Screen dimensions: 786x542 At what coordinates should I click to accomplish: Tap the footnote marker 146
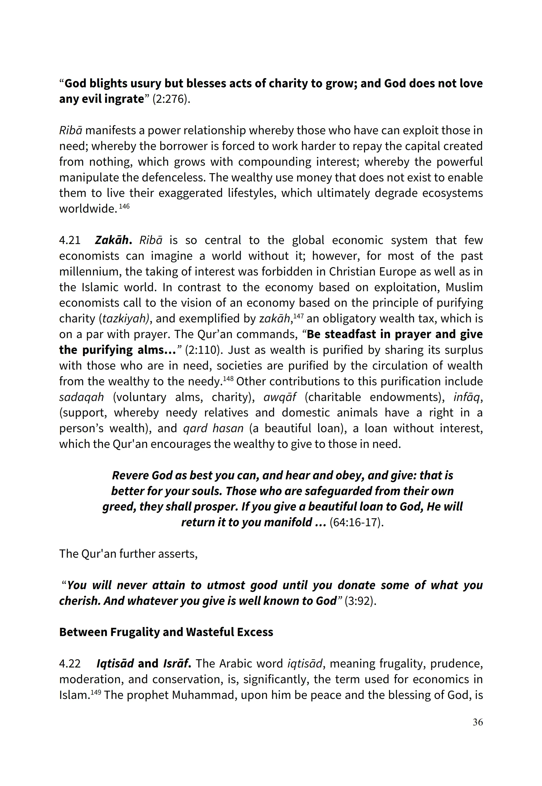tap(124, 206)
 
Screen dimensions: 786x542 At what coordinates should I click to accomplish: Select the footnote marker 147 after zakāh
tap(298, 316)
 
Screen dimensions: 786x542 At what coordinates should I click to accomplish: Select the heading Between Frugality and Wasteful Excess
tap(166, 632)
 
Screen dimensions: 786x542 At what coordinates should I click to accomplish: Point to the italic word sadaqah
tap(81, 397)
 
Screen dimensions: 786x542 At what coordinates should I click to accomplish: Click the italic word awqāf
tap(280, 397)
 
